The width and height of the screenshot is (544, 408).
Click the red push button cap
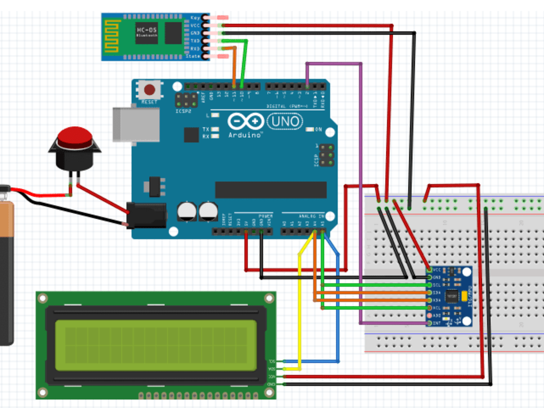click(75, 137)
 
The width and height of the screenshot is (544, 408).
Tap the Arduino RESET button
click(149, 89)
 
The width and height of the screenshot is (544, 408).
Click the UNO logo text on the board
click(284, 120)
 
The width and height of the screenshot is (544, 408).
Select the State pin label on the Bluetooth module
click(193, 56)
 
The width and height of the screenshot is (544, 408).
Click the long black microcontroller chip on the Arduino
click(271, 190)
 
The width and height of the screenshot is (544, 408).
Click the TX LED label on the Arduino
click(206, 129)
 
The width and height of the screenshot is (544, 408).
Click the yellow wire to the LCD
click(299, 305)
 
